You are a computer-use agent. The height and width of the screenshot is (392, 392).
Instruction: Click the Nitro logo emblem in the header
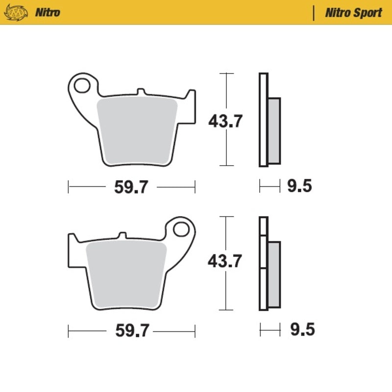point(16,13)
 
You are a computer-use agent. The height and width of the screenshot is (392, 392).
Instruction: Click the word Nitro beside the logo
point(48,12)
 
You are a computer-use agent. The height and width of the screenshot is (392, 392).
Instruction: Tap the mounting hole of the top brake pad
point(82,85)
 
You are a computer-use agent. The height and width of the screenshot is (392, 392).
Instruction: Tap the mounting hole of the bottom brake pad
point(181,229)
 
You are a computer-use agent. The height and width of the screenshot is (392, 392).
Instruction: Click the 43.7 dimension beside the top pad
point(225,121)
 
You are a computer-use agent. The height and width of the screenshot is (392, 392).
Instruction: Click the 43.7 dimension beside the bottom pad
point(224,261)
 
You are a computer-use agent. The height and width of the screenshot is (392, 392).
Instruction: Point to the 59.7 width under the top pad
point(131,187)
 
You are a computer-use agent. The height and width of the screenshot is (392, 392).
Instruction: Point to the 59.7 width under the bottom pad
point(132,330)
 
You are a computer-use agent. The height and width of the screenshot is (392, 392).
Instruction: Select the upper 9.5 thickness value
point(299,186)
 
